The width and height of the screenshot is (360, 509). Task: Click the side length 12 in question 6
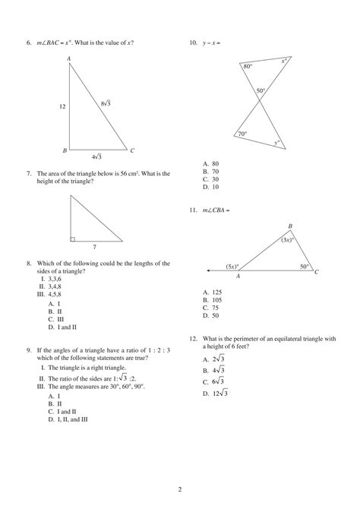[x=62, y=106]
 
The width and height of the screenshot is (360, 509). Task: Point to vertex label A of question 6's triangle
[x=68, y=58]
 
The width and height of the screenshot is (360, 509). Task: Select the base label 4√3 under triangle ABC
[x=96, y=156]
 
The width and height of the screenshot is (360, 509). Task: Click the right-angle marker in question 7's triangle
[x=72, y=239]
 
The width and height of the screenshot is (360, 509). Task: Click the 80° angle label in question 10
[x=248, y=67]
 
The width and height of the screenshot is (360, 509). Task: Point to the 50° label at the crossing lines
[x=260, y=91]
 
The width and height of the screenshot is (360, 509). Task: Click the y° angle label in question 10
[x=276, y=142]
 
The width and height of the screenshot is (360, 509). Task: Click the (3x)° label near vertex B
[x=286, y=239]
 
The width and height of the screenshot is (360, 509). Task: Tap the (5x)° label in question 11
[x=232, y=267]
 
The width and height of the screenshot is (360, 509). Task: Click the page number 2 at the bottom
[x=179, y=490]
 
